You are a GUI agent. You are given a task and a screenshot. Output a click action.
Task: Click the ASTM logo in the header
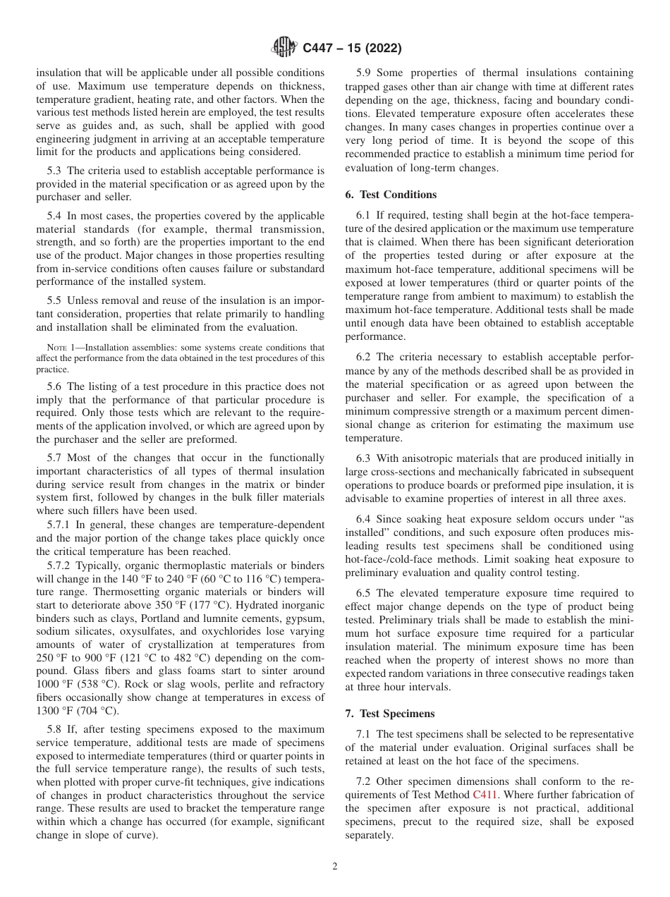[x=284, y=48]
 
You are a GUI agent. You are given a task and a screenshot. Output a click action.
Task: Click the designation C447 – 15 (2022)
[x=352, y=49]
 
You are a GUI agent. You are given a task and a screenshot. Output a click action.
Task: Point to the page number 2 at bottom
[x=335, y=867]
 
